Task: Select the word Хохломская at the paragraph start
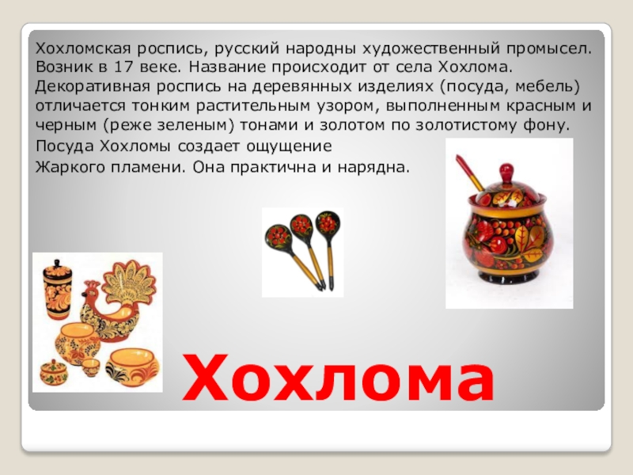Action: point(73,48)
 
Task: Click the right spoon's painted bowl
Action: point(326,222)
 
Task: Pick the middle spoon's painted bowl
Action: point(301,226)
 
